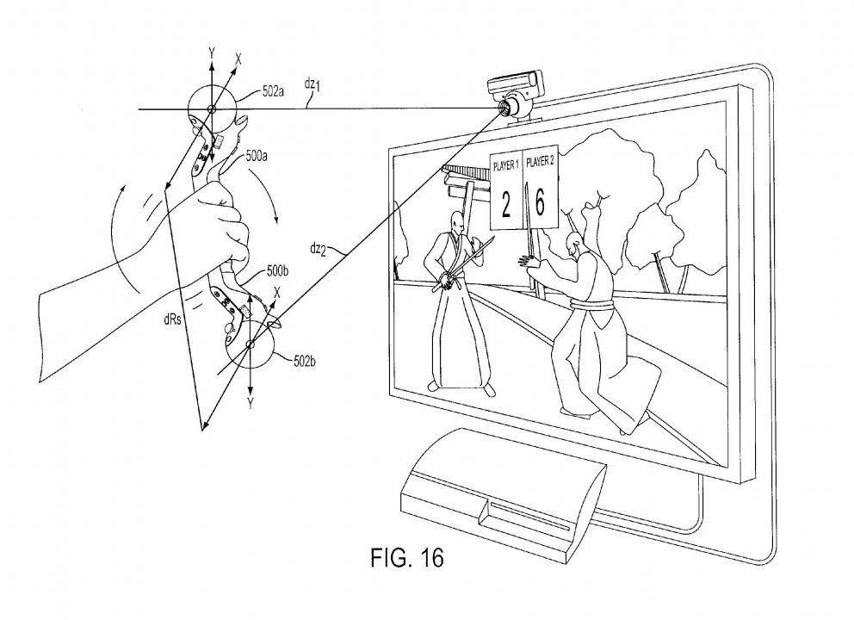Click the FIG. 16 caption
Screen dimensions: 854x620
(x=407, y=557)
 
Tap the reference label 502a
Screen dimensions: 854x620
(x=273, y=91)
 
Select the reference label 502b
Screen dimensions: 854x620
(x=305, y=361)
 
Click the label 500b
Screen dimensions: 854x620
(x=277, y=270)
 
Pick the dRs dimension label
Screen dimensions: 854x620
(x=172, y=319)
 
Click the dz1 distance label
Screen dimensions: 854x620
(x=313, y=85)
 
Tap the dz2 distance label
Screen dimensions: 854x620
(x=318, y=250)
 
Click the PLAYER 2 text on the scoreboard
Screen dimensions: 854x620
(x=541, y=161)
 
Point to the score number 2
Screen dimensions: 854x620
(x=506, y=206)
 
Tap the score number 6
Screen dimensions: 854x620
(x=540, y=201)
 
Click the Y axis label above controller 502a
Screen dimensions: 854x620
(x=211, y=53)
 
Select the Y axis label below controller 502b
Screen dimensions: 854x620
(x=250, y=403)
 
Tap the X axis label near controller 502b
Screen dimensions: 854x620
(x=276, y=292)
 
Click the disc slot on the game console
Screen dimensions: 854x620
(x=529, y=516)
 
